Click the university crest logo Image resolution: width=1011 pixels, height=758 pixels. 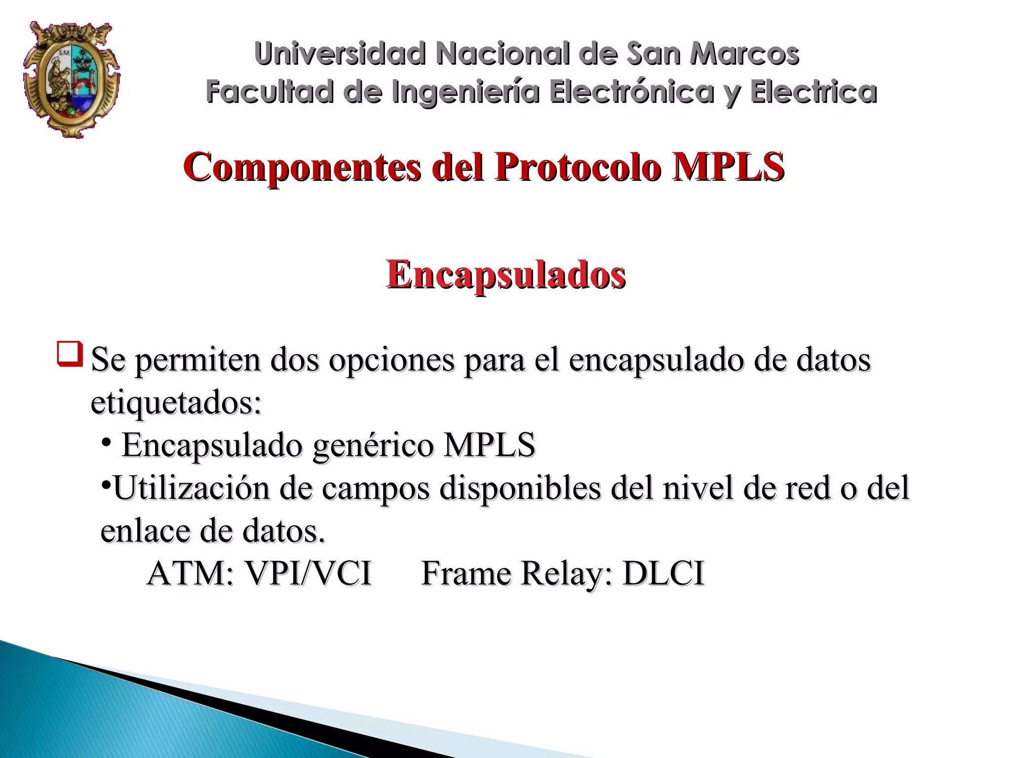[x=72, y=79]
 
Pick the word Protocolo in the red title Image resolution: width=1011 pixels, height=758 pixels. [x=578, y=167]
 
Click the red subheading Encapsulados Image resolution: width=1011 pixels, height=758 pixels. [x=506, y=274]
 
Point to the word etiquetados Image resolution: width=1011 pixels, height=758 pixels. [x=176, y=403]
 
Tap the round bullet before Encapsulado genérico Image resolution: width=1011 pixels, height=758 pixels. [x=106, y=442]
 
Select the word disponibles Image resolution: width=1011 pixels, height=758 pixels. [x=520, y=488]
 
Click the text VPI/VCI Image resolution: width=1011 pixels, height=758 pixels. [x=309, y=574]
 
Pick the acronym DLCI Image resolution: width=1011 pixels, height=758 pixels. [x=663, y=574]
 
